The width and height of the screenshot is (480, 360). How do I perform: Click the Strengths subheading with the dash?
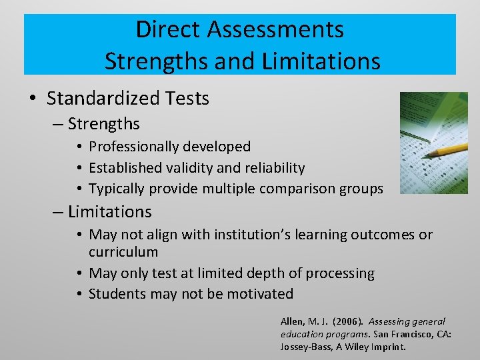[103, 124]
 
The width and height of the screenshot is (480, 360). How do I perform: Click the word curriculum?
[123, 252]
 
